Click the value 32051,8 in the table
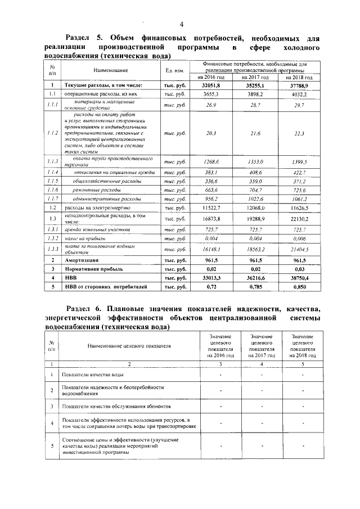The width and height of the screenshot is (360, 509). pos(209,84)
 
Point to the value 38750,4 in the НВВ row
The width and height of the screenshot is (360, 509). pos(299,278)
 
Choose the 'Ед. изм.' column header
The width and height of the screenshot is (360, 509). pos(174,70)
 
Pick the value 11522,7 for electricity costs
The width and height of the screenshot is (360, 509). pos(209,208)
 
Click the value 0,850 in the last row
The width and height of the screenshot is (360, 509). pos(299,287)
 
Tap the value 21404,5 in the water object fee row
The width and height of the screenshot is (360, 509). pos(299,248)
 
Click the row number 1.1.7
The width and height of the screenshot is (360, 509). pos(52,199)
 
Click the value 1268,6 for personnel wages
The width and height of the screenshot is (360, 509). pos(209,162)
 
